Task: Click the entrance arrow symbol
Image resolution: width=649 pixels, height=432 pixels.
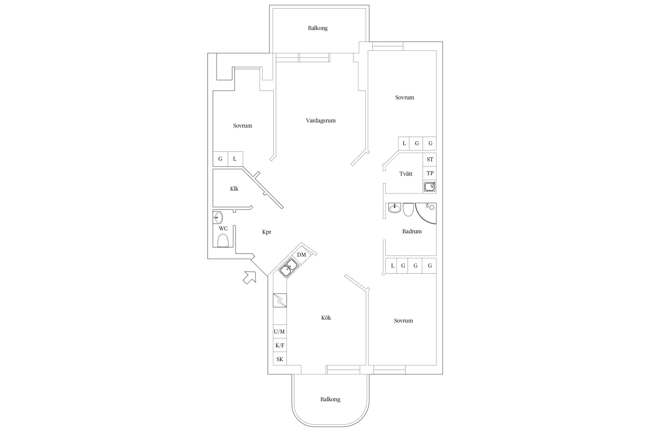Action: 250,277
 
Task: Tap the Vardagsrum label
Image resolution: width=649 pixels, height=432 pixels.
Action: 321,121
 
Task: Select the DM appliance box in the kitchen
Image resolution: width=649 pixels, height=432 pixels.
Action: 302,255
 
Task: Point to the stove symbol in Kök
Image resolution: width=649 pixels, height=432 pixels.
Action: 280,300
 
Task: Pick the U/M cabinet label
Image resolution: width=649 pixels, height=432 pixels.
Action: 279,332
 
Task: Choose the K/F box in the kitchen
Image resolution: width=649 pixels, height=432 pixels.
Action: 280,345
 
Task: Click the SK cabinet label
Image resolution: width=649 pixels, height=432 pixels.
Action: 280,359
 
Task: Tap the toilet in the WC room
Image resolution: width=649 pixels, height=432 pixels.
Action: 223,240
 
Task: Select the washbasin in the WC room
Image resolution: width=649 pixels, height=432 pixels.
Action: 217,217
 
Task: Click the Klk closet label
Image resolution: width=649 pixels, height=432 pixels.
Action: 234,189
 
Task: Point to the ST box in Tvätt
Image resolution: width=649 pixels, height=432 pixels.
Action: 429,159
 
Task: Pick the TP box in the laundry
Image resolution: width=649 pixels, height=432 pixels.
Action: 429,173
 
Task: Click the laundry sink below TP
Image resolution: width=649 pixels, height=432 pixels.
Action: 429,187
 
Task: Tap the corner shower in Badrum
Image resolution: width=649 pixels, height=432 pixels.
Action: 426,213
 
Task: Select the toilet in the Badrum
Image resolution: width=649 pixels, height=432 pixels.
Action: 408,209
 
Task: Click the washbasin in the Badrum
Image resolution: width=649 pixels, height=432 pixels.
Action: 394,208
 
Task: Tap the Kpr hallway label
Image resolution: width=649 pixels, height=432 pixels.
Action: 267,232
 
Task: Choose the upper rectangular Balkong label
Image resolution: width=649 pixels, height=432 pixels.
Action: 318,28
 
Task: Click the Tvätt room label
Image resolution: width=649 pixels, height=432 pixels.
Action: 406,174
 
